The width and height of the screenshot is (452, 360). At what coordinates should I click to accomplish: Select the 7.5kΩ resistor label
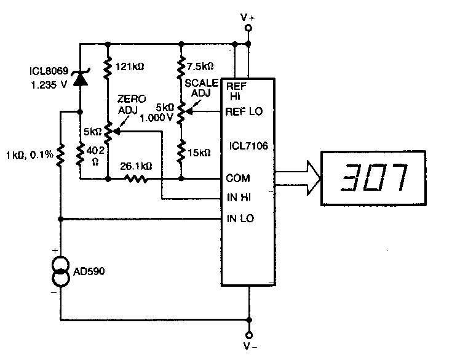(x=201, y=66)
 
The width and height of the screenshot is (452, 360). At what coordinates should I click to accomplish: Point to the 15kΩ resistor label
(x=200, y=152)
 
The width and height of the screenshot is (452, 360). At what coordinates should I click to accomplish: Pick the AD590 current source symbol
(x=61, y=271)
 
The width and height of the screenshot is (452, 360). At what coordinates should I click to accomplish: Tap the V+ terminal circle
(x=249, y=28)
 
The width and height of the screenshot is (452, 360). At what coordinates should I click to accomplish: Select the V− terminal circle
(x=249, y=335)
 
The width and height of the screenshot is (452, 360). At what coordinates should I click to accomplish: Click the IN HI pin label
(x=239, y=198)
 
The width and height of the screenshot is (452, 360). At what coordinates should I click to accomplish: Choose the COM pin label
(x=238, y=178)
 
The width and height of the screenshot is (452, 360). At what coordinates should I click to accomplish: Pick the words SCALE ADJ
(x=197, y=88)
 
